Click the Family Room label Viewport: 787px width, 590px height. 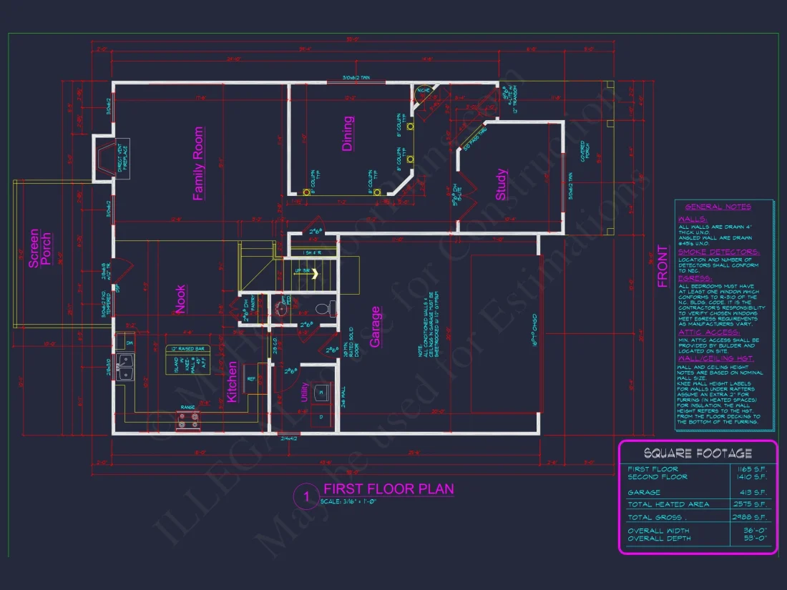point(199,164)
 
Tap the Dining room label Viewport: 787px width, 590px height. point(348,133)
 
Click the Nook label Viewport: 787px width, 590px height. point(181,300)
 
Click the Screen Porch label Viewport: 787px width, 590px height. point(39,249)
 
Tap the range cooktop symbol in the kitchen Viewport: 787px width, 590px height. point(187,423)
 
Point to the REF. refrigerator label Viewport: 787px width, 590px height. point(251,379)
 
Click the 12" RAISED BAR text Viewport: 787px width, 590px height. point(187,348)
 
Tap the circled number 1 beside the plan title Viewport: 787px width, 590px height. point(305,497)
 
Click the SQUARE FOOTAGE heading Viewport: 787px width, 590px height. point(698,453)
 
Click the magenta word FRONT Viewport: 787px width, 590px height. point(663,267)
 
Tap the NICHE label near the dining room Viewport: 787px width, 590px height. point(424,91)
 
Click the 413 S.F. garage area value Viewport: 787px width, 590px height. point(754,493)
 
